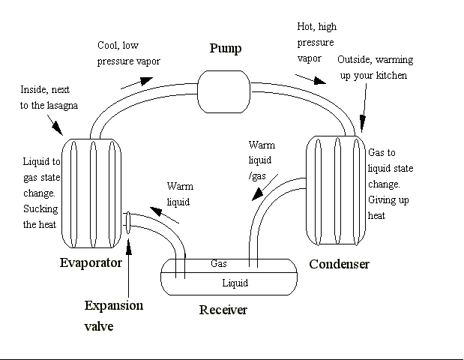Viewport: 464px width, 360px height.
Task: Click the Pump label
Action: coord(224,49)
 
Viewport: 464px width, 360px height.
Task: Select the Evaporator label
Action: coord(91,263)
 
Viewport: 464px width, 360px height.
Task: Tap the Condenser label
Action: coord(340,264)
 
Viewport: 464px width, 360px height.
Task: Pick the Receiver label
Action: coord(223,310)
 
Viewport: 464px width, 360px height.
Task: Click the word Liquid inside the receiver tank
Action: coord(235,283)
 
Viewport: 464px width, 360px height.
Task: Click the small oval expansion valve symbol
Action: coord(128,222)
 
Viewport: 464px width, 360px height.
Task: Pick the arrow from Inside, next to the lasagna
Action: coord(57,120)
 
